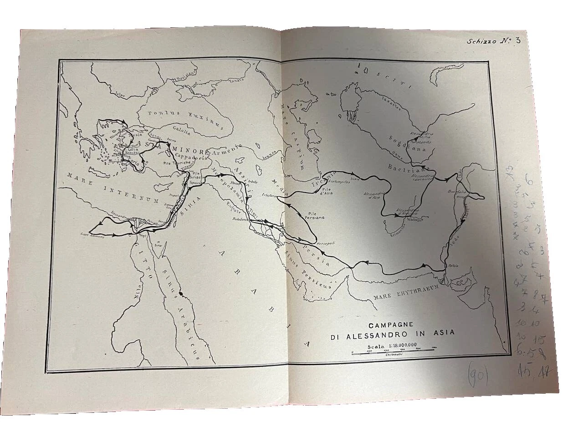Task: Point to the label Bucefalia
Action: point(457,192)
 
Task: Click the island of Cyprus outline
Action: point(161,187)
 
